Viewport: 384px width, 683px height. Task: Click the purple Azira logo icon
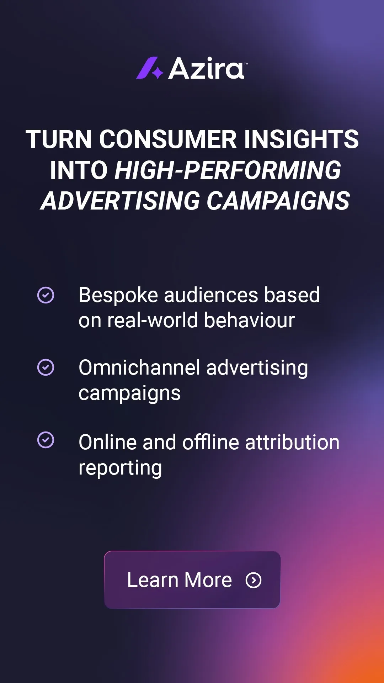click(149, 68)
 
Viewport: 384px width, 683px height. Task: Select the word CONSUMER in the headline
click(168, 139)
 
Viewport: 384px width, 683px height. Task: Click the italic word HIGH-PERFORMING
click(228, 170)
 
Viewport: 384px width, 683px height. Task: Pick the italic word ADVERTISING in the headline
click(121, 201)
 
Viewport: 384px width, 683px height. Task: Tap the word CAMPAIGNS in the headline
click(278, 201)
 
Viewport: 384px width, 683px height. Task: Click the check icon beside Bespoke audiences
click(46, 295)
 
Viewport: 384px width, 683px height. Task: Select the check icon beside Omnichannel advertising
click(46, 367)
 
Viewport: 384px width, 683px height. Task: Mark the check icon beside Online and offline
click(46, 440)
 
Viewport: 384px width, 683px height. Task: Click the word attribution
click(292, 443)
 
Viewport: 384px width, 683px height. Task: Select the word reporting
click(120, 468)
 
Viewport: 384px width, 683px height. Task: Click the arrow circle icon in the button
click(254, 580)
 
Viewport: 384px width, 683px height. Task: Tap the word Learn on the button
click(153, 580)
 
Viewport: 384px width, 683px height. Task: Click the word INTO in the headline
click(79, 170)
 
